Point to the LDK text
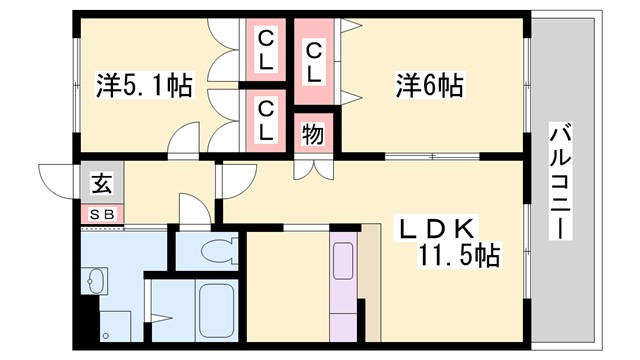(441, 227)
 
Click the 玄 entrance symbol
(101, 184)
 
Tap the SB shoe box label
(100, 213)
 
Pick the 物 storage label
(313, 133)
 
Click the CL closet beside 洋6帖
(313, 60)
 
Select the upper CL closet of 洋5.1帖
(266, 50)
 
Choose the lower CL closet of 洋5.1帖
(266, 119)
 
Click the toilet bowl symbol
(211, 250)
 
